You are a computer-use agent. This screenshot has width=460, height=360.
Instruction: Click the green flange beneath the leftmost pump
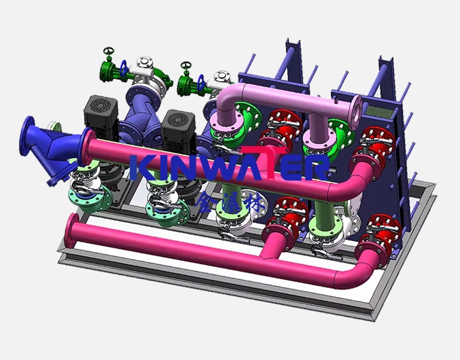coord(90,200)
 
